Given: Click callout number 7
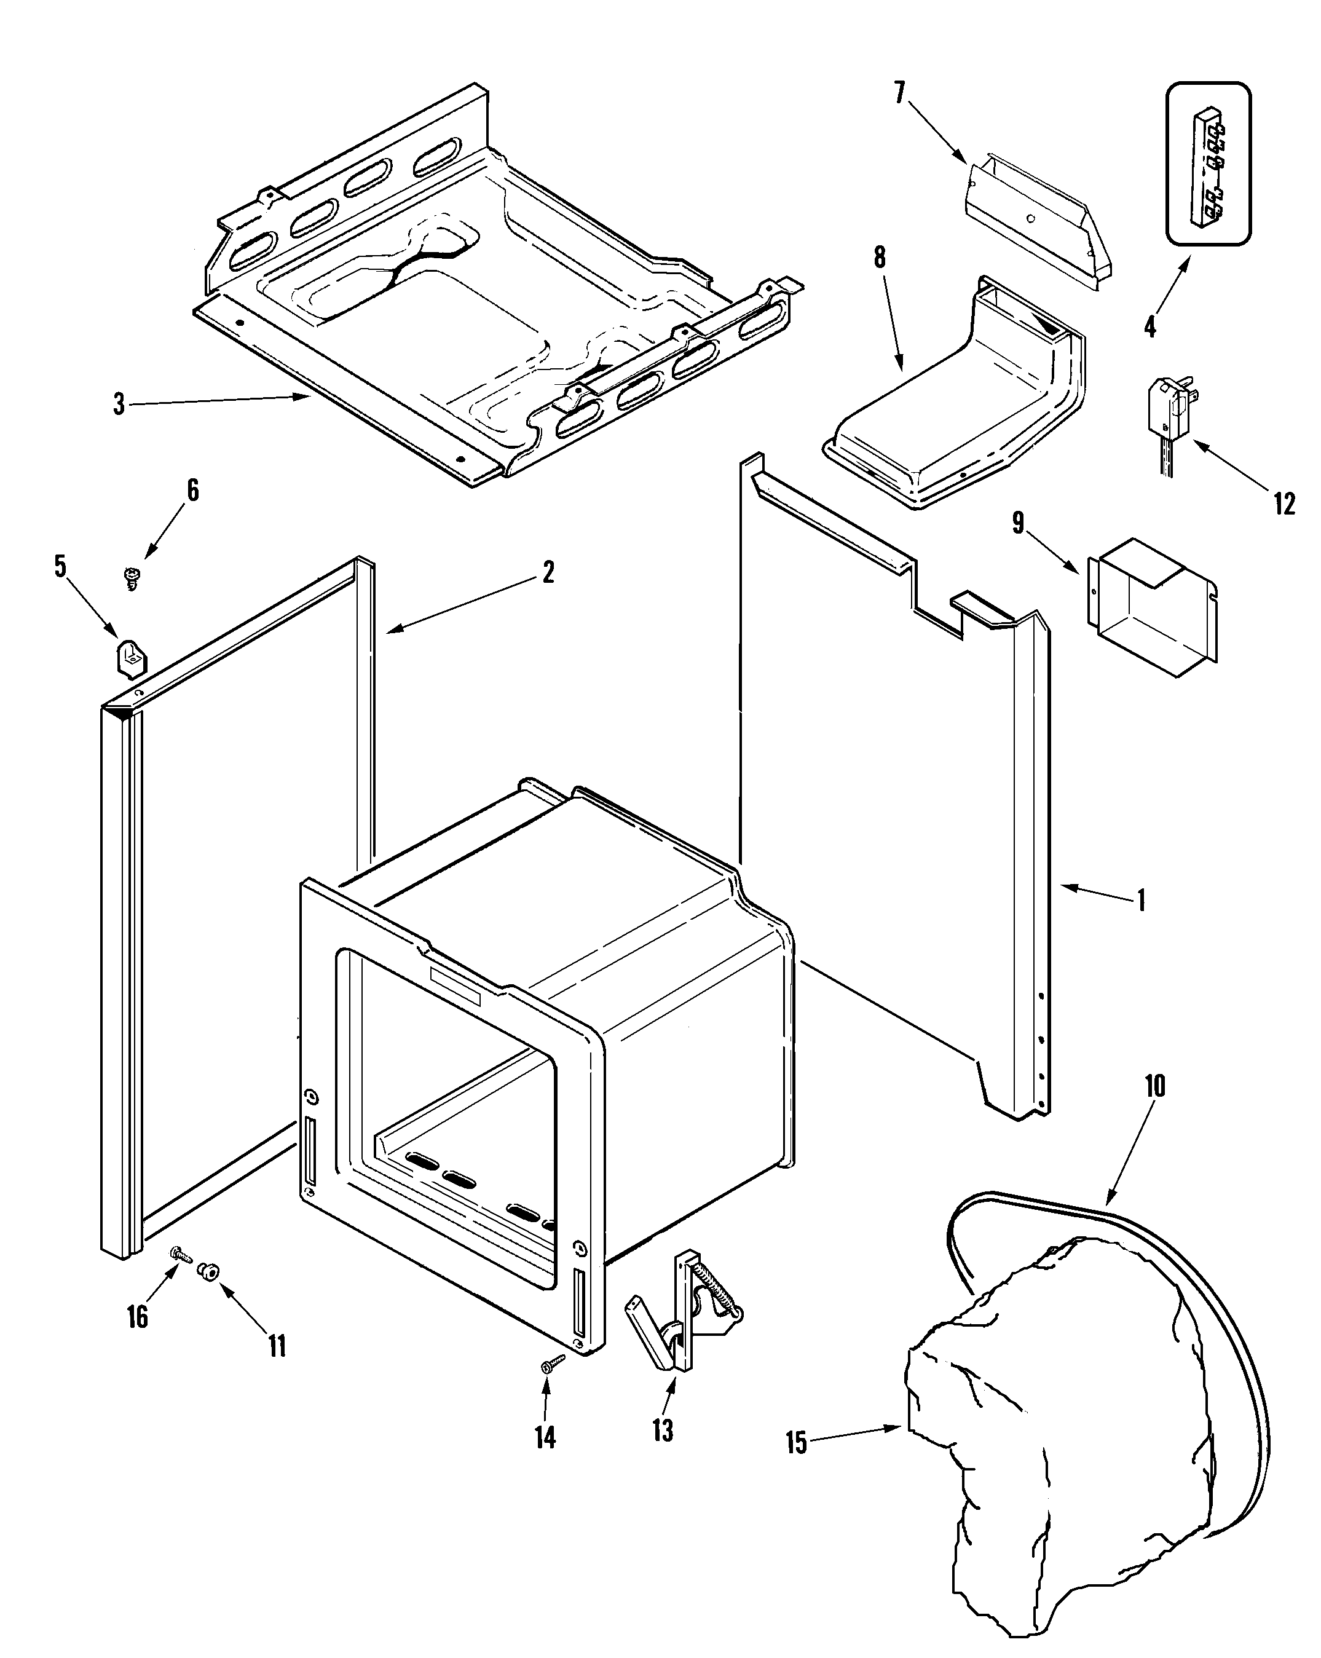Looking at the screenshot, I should [x=900, y=93].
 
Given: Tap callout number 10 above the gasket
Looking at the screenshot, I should [x=1155, y=1086].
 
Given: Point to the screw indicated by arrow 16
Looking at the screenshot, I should [x=181, y=1253].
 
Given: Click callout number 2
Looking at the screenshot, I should [x=548, y=572].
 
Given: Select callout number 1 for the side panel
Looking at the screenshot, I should [x=1142, y=900].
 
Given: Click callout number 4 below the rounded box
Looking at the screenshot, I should [x=1149, y=327].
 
